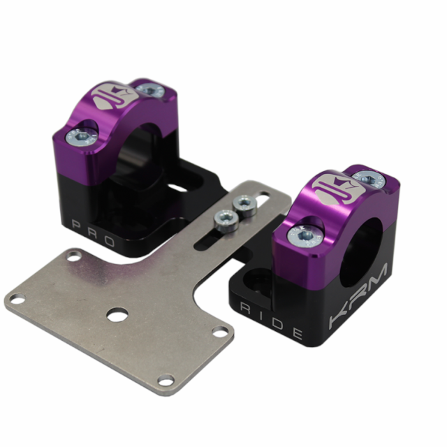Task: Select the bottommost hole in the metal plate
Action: pyautogui.click(x=166, y=380)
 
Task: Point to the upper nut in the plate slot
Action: pyautogui.click(x=244, y=204)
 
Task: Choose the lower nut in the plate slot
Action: pyautogui.click(x=225, y=222)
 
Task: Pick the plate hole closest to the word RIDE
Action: pyautogui.click(x=220, y=332)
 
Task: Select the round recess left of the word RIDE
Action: pyautogui.click(x=259, y=281)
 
